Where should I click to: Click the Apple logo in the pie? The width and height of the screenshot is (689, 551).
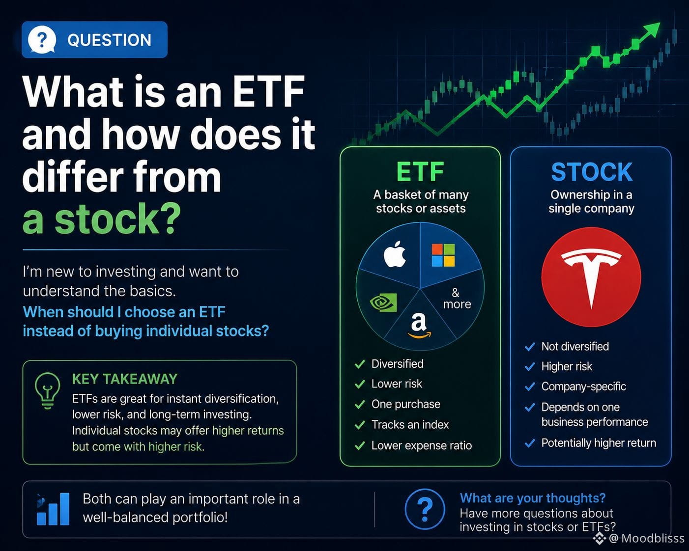[x=395, y=254]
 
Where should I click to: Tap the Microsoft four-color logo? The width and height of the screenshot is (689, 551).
[x=443, y=255]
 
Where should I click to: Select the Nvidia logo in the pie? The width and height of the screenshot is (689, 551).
[x=383, y=303]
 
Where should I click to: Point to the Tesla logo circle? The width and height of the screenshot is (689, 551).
[x=591, y=277]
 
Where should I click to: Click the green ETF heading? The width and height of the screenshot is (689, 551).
[x=420, y=172]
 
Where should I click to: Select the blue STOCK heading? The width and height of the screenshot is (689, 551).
[x=591, y=172]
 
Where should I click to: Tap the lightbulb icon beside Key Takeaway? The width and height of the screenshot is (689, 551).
[x=47, y=391]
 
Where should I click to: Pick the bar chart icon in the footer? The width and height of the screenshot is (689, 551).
[x=53, y=509]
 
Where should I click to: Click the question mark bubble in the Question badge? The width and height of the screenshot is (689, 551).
[x=42, y=40]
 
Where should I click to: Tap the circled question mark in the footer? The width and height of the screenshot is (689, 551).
[x=425, y=509]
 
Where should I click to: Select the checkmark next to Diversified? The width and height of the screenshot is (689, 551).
[x=360, y=364]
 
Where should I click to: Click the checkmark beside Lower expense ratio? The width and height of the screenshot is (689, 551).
[x=360, y=446]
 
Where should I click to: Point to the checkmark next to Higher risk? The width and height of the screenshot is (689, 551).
[x=530, y=366]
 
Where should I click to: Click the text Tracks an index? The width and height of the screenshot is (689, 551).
[x=410, y=425]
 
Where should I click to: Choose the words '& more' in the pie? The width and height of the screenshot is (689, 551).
[x=457, y=298]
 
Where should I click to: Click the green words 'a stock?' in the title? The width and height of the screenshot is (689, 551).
[x=102, y=219]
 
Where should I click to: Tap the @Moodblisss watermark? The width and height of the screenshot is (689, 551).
[x=639, y=538]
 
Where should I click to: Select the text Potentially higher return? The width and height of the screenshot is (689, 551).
[x=599, y=443]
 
